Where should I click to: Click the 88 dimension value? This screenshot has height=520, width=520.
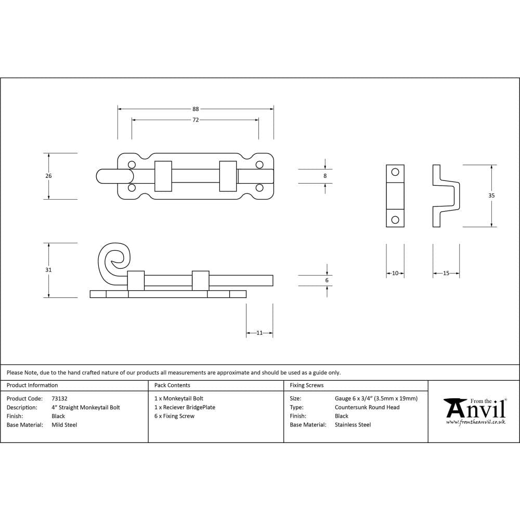click(x=196, y=109)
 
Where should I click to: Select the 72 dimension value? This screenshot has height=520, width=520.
click(x=196, y=120)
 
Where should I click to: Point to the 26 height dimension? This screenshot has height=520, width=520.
click(x=48, y=176)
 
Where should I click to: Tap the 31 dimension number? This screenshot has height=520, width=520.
click(x=48, y=270)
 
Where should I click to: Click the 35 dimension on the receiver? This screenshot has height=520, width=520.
click(x=491, y=196)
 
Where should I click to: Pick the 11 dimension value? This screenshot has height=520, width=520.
click(x=259, y=333)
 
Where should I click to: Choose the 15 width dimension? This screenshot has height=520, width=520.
click(x=446, y=273)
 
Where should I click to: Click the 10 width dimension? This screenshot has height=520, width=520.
click(x=395, y=273)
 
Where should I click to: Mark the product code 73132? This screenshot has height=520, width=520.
click(x=59, y=399)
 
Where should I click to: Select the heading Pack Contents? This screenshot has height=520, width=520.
click(x=172, y=385)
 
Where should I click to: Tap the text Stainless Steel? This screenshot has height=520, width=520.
click(x=353, y=425)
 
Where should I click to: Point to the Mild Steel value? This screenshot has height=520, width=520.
click(x=64, y=425)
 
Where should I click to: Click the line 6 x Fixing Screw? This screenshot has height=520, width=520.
click(x=174, y=416)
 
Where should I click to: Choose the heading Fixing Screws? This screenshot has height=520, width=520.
click(x=306, y=385)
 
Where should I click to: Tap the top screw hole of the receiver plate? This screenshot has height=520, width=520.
click(x=395, y=172)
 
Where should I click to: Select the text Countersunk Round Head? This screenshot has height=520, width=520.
click(x=367, y=407)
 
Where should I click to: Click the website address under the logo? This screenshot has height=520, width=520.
click(x=475, y=422)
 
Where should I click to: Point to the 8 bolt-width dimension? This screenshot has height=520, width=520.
click(x=325, y=176)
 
